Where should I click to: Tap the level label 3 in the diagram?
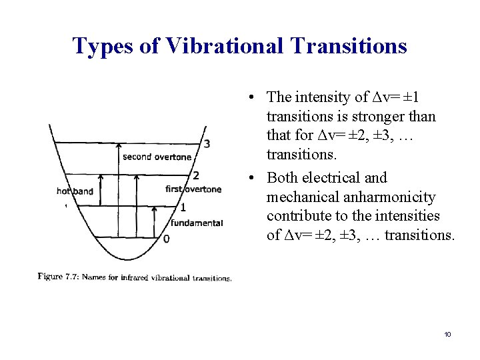coord(207,143)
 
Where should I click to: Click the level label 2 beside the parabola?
coord(196,176)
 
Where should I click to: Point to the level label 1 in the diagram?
coord(183,207)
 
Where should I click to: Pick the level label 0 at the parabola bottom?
coord(166,238)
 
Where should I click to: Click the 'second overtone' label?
coord(157,157)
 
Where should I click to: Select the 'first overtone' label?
coord(193,189)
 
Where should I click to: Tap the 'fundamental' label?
coord(197,223)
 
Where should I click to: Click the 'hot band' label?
coord(75,191)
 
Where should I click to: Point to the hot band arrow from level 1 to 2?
coord(99,191)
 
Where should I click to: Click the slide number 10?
coord(447,333)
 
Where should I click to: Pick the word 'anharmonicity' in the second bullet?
coord(393,197)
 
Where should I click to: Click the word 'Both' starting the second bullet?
coord(282,178)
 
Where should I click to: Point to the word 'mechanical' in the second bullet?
coord(299,197)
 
